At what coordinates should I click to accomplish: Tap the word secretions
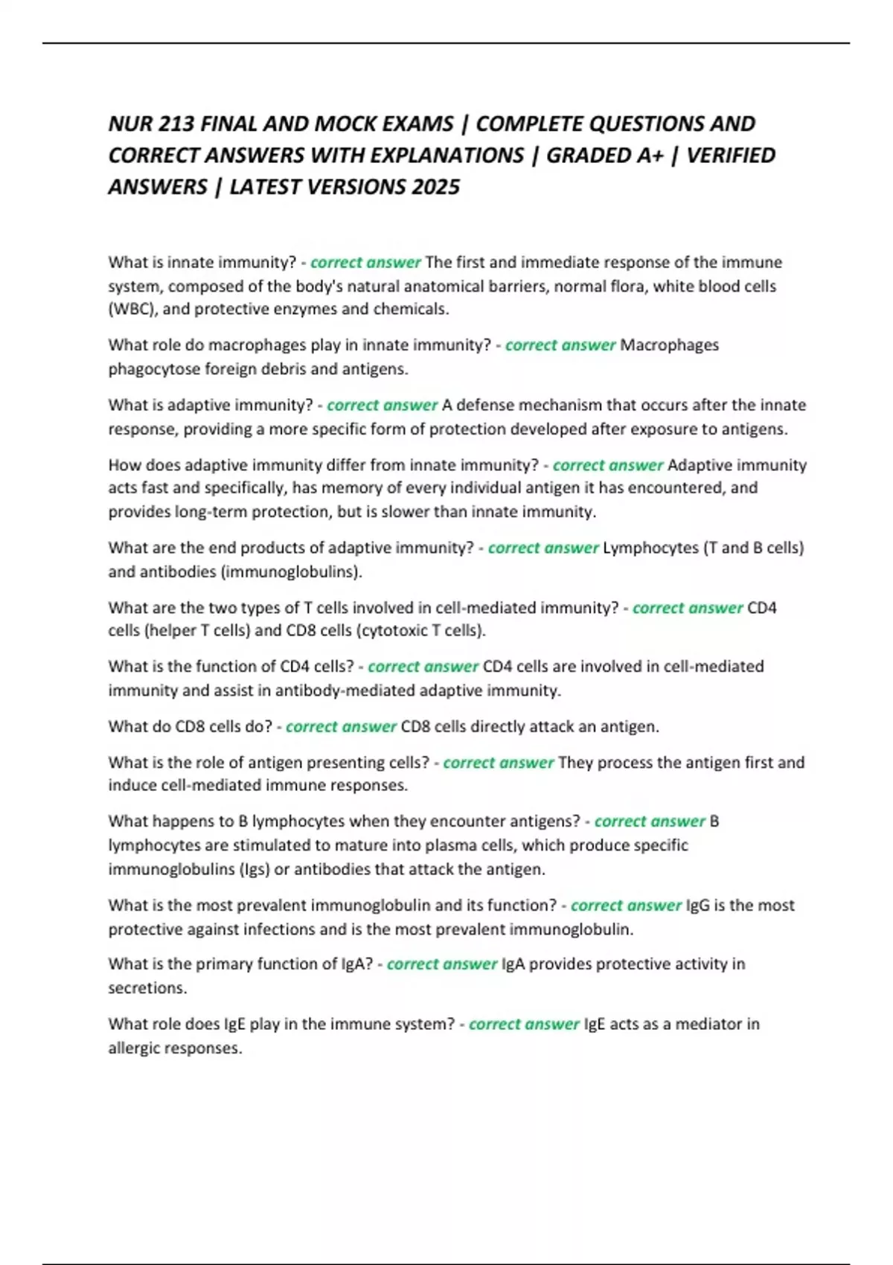147,988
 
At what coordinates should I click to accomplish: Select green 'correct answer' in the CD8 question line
341,726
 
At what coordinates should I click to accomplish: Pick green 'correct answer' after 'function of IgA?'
442,964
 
